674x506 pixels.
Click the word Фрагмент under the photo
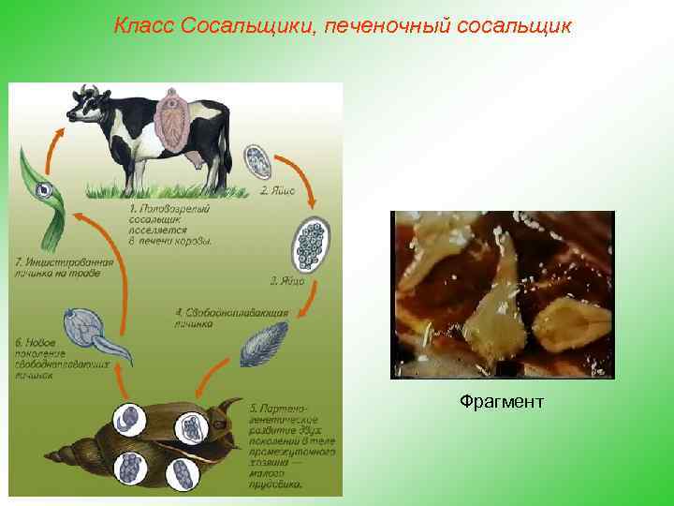[501, 402]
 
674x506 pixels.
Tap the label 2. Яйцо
[277, 189]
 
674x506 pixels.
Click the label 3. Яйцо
[286, 280]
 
